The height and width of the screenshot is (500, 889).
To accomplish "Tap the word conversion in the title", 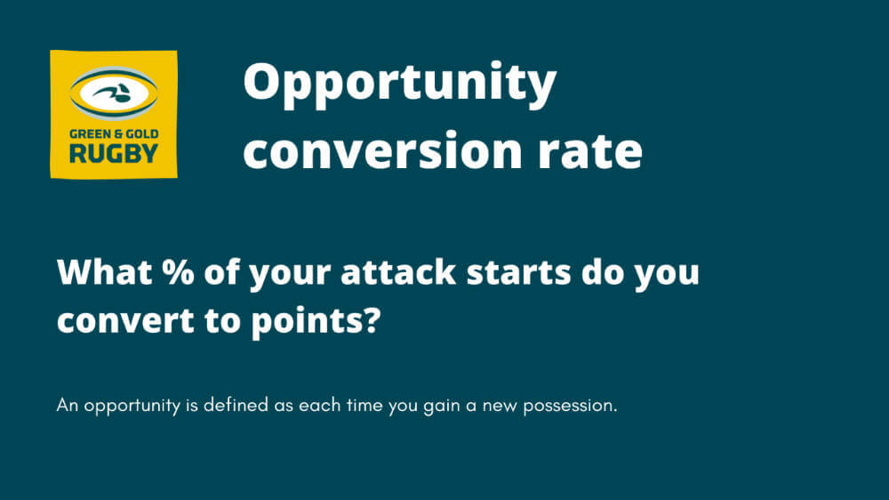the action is pyautogui.click(x=382, y=150).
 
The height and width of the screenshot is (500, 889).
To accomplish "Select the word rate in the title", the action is pyautogui.click(x=589, y=151).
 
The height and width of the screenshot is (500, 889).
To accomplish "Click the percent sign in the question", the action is pyautogui.click(x=178, y=272).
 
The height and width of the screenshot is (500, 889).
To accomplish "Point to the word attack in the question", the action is pyautogui.click(x=398, y=272).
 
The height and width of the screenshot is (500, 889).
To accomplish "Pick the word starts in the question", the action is pyautogui.click(x=518, y=273).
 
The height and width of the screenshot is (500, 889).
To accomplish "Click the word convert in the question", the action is pyautogui.click(x=126, y=320).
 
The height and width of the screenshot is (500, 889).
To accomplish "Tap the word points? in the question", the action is pyautogui.click(x=316, y=322).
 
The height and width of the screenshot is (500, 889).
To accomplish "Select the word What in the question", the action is pyautogui.click(x=104, y=272).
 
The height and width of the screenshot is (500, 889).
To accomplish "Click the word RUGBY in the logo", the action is pyautogui.click(x=114, y=154).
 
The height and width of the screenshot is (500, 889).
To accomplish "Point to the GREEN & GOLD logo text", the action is pyautogui.click(x=114, y=134).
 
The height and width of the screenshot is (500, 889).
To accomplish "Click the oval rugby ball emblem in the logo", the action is pyautogui.click(x=114, y=93).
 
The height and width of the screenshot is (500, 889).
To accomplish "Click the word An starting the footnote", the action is pyautogui.click(x=67, y=405).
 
